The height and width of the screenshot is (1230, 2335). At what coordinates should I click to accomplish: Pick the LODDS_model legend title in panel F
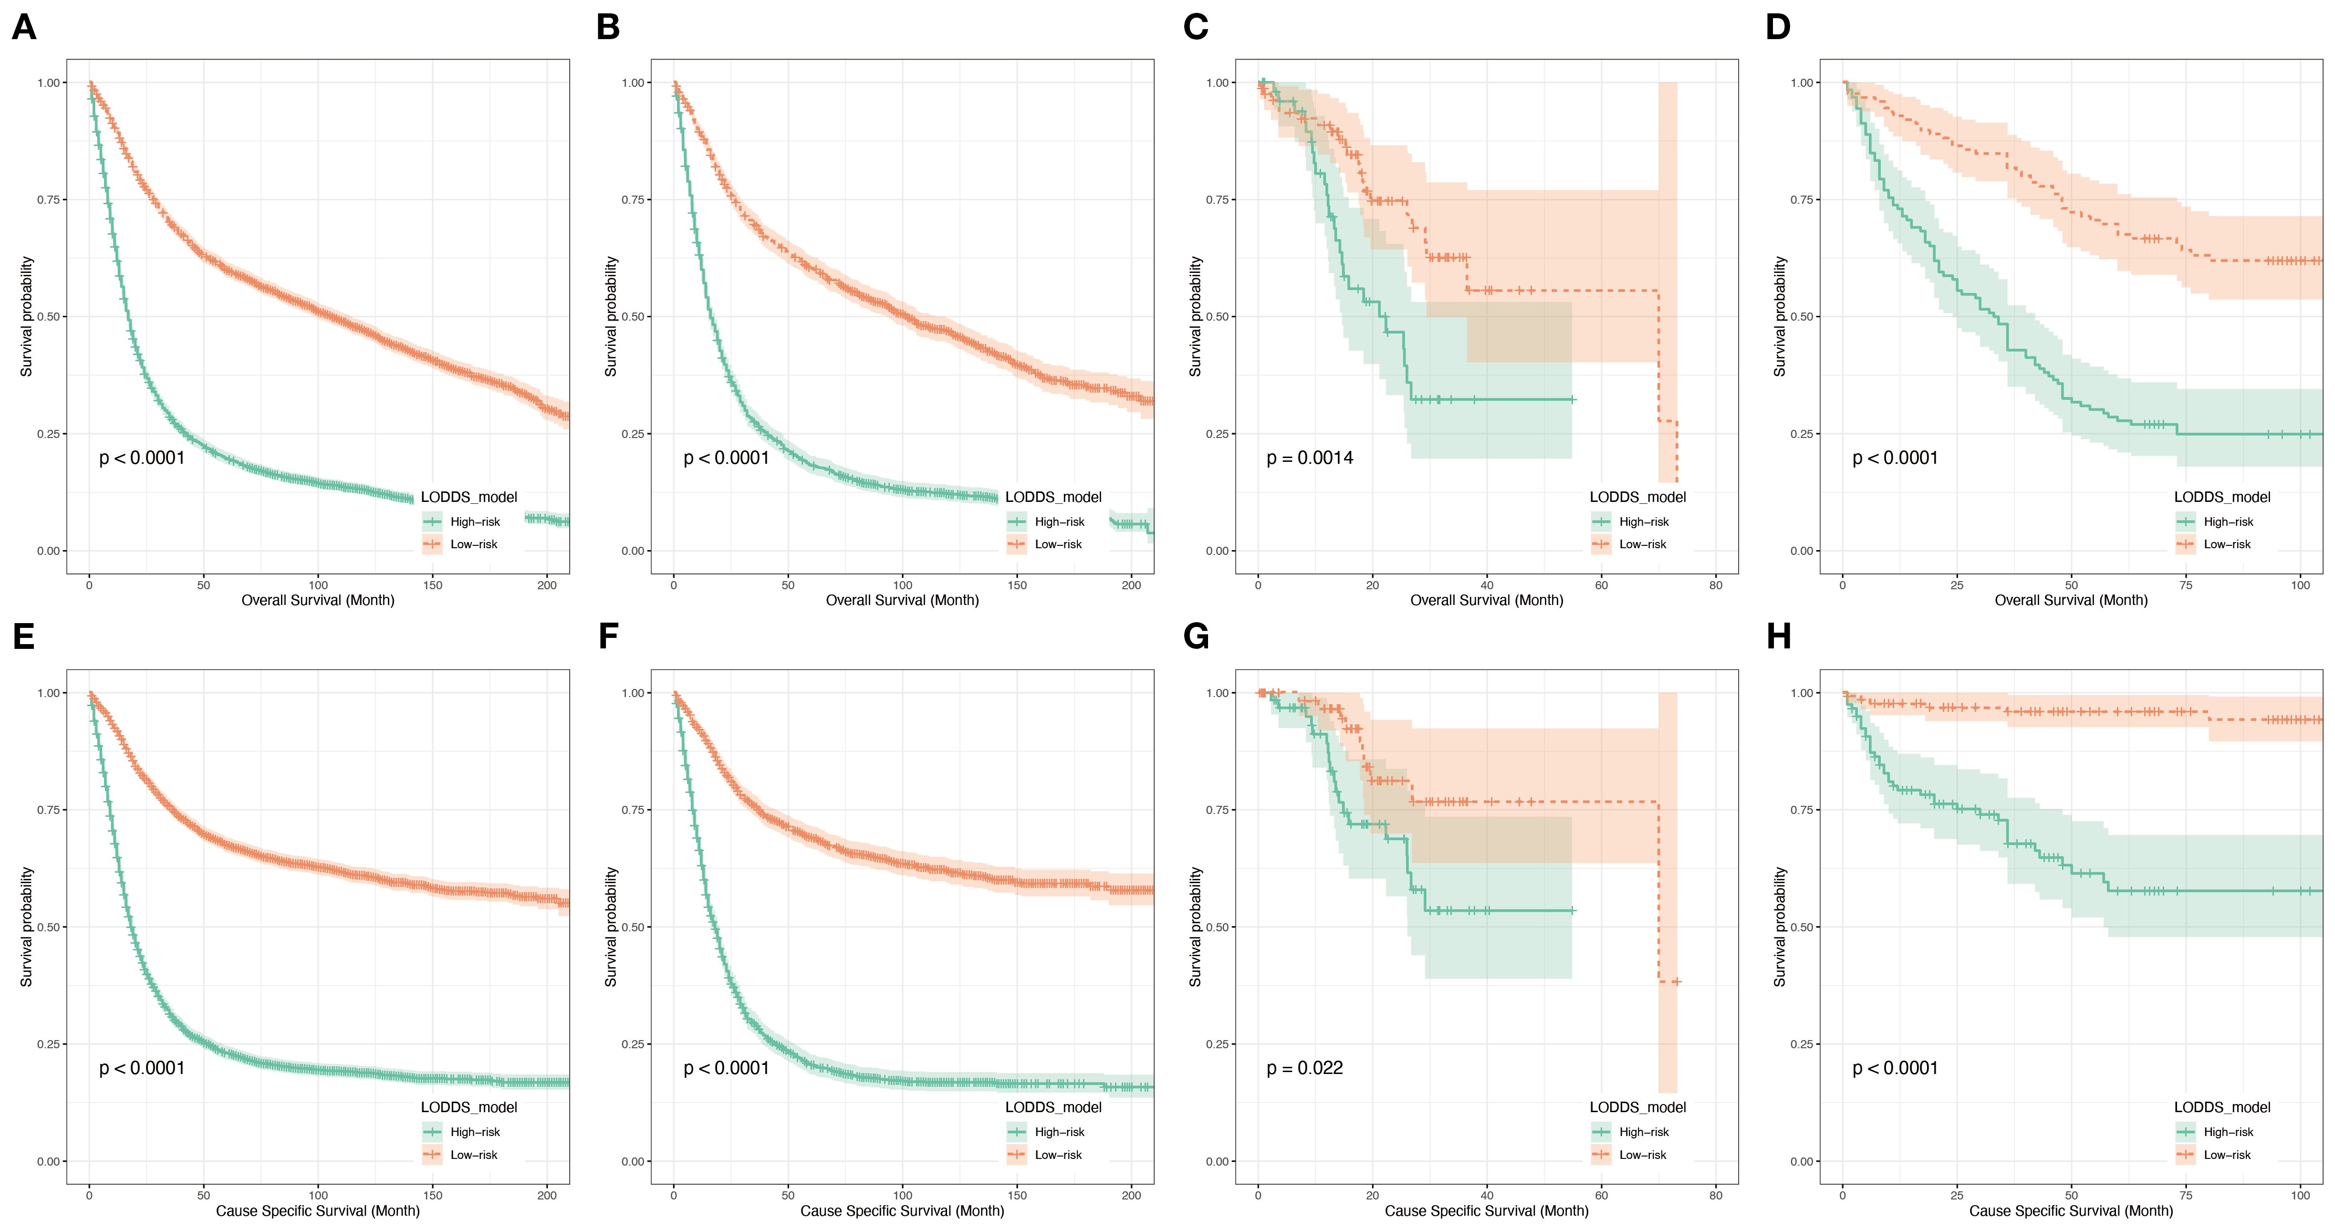tap(1053, 1107)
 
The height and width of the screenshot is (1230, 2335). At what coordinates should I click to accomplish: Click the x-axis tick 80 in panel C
tap(1716, 584)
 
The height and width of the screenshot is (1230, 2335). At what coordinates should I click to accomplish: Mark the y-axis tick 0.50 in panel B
tap(633, 316)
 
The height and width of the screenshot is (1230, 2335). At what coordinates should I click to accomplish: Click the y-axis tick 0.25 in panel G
tap(1217, 1044)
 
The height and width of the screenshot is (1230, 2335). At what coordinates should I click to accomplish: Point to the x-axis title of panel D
tap(2071, 600)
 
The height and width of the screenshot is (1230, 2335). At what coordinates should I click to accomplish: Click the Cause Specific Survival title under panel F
tap(902, 1211)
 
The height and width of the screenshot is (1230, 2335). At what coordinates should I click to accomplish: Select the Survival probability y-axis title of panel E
tap(26, 927)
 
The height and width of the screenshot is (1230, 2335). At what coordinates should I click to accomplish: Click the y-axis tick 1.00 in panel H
tap(1802, 692)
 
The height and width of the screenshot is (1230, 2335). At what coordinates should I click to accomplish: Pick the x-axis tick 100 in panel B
tap(903, 584)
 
